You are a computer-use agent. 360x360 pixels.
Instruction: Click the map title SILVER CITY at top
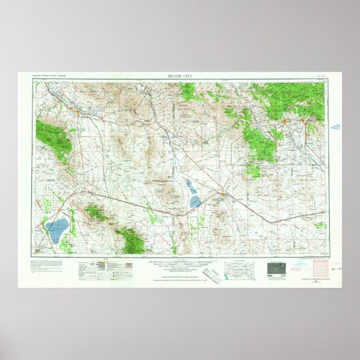179,75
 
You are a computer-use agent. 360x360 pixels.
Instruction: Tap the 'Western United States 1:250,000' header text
50,75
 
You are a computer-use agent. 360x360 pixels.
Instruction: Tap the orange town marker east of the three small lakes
222,195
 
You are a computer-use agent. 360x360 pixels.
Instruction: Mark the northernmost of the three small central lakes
188,183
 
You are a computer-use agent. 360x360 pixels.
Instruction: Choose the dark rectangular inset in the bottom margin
273,268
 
